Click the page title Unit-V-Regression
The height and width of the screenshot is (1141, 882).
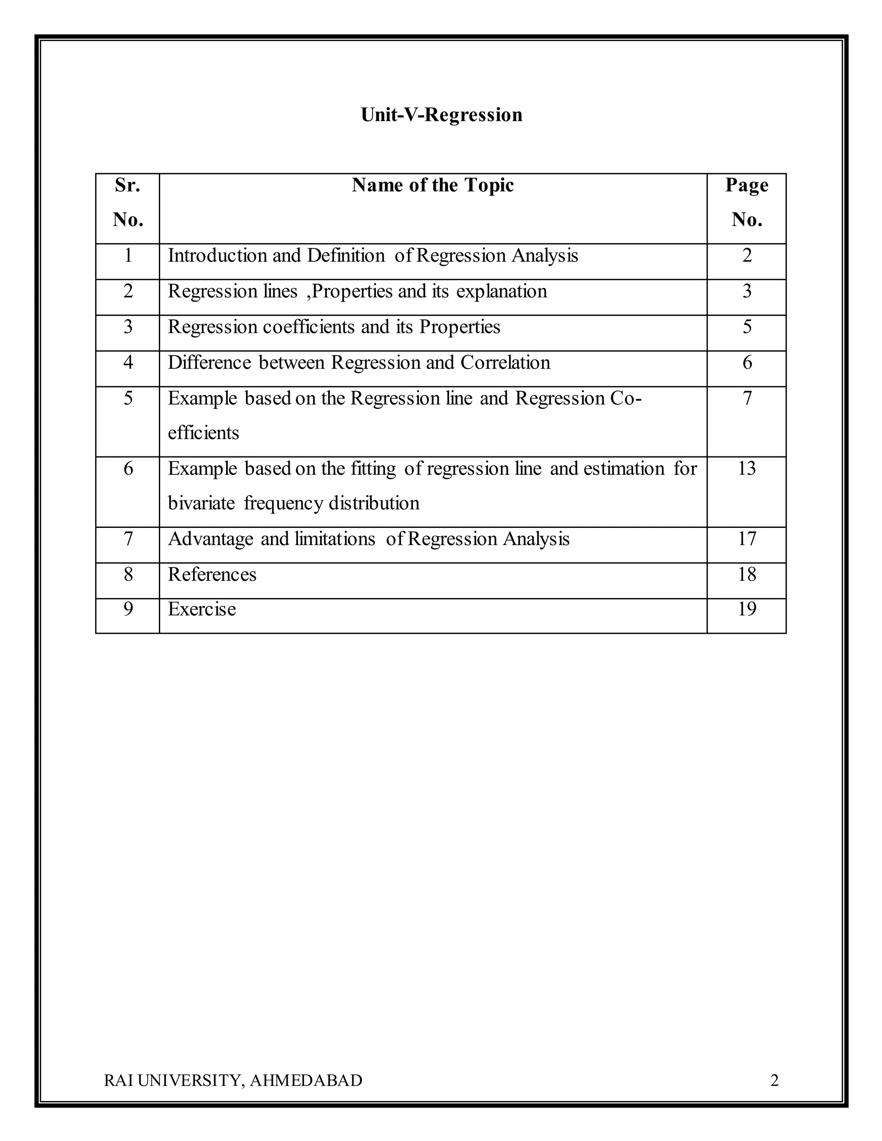click(441, 115)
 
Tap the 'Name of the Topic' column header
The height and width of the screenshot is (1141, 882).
click(433, 185)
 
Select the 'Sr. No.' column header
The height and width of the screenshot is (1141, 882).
click(127, 203)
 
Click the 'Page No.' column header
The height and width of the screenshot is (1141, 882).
click(747, 203)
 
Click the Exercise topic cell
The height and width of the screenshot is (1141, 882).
click(202, 609)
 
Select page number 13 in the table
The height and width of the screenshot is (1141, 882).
click(747, 468)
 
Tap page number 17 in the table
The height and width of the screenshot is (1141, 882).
click(747, 539)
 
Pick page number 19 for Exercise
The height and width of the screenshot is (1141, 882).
click(747, 609)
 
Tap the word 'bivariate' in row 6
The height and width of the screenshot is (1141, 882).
click(201, 503)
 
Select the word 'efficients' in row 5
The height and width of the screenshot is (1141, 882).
click(203, 433)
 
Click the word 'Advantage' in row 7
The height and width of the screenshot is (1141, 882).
click(211, 539)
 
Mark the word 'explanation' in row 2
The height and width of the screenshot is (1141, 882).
click(502, 291)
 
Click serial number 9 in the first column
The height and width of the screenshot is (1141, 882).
click(128, 609)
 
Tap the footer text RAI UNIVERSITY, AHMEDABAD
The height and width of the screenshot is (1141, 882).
click(233, 1080)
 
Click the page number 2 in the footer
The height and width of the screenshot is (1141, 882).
click(774, 1080)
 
